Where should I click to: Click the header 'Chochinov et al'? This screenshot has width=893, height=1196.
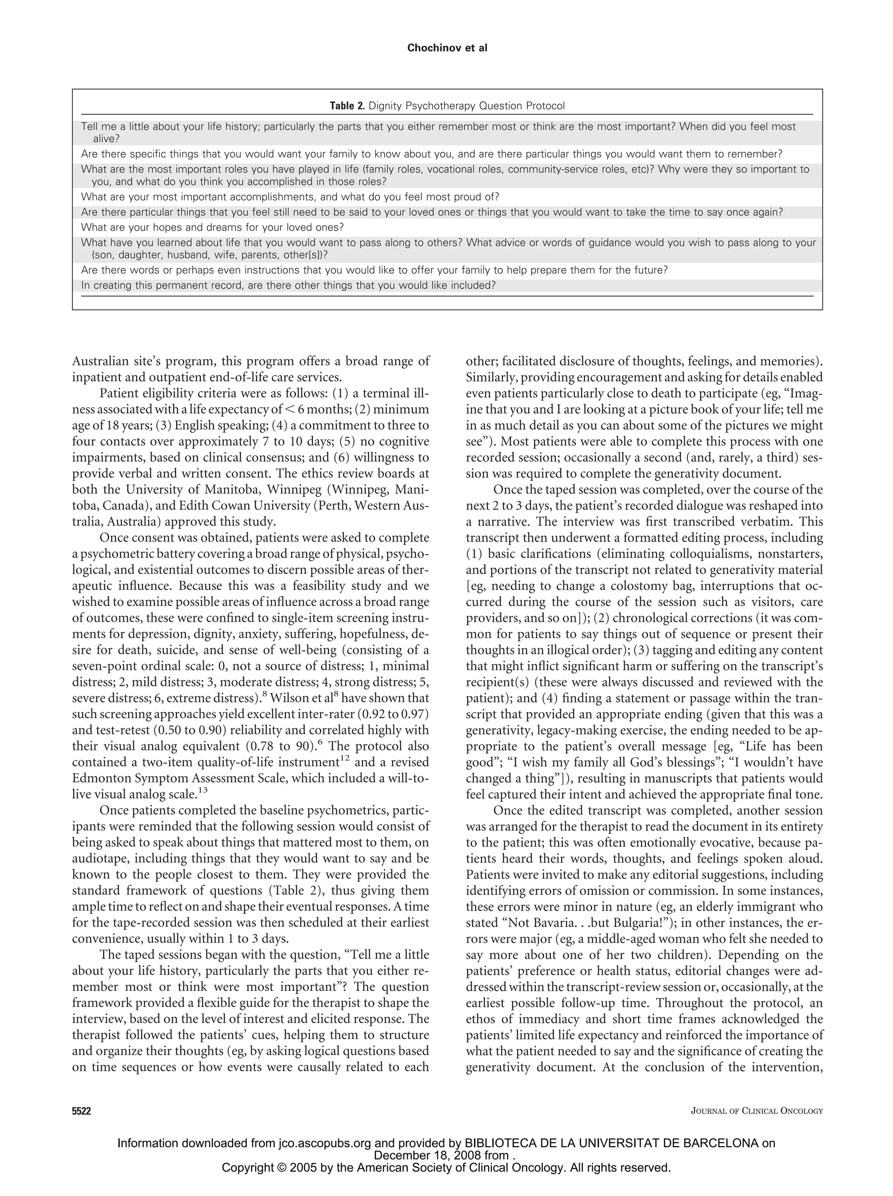tap(447, 48)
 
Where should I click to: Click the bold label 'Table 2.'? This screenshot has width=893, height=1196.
tap(348, 106)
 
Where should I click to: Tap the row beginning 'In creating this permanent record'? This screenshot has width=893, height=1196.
tap(288, 285)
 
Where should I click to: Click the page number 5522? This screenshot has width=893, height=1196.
tap(82, 1111)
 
